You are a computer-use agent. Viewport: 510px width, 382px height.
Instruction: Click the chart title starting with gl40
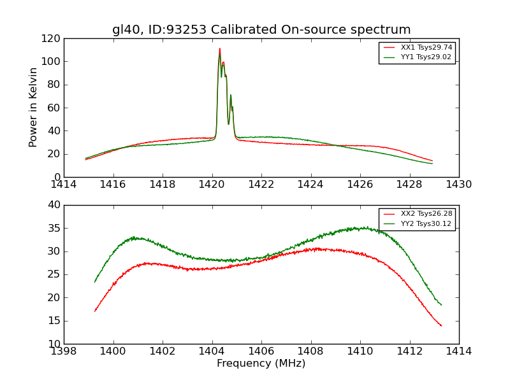point(261,30)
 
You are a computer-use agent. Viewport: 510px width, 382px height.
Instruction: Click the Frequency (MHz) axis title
point(261,364)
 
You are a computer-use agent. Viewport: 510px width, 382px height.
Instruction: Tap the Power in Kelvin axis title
point(34,107)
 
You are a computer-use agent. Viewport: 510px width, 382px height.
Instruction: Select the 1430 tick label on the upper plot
point(459,185)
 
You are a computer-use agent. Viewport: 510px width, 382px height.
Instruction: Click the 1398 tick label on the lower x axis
point(64,351)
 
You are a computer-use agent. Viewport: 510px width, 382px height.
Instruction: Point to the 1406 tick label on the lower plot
point(261,351)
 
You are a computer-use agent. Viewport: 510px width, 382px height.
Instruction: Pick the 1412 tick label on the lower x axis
point(409,351)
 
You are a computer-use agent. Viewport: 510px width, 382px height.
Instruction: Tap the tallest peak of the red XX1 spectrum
point(220,48)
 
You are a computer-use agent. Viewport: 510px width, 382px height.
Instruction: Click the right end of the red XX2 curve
point(441,325)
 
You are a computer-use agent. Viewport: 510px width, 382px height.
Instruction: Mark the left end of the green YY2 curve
point(95,281)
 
